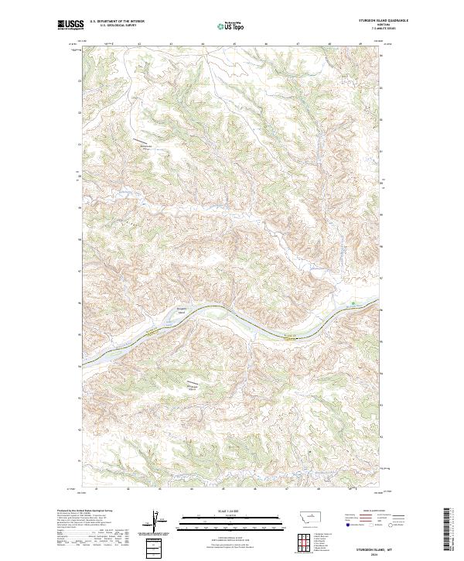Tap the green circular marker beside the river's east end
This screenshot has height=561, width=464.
tap(354, 303)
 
